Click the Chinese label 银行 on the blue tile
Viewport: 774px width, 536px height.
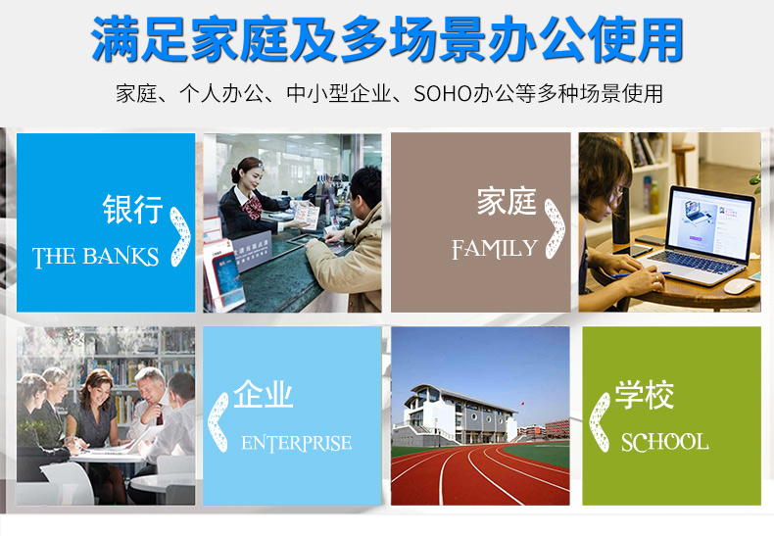click(133, 209)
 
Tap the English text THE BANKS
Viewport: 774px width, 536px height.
click(95, 257)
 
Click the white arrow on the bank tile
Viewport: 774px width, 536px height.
click(180, 237)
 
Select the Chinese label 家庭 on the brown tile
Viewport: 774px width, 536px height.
click(507, 202)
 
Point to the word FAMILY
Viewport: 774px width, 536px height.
click(495, 249)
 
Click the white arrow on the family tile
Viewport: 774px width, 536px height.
click(556, 228)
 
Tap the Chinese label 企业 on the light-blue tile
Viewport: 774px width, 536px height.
click(263, 394)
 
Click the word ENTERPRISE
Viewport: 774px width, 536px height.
click(297, 443)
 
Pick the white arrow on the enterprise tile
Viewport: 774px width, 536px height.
click(218, 422)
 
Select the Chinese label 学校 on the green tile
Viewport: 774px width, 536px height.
click(644, 395)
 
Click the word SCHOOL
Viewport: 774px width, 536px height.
click(665, 442)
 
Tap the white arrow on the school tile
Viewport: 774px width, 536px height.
click(600, 422)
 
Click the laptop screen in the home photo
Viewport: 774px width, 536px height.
click(710, 224)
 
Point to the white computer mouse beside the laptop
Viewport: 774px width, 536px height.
click(740, 286)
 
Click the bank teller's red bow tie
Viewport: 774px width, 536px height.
click(254, 207)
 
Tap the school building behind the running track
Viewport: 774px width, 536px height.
click(460, 414)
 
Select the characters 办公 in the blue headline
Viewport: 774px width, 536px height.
click(539, 39)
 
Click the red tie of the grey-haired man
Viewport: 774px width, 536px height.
click(160, 415)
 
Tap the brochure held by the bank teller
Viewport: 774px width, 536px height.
click(306, 216)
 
